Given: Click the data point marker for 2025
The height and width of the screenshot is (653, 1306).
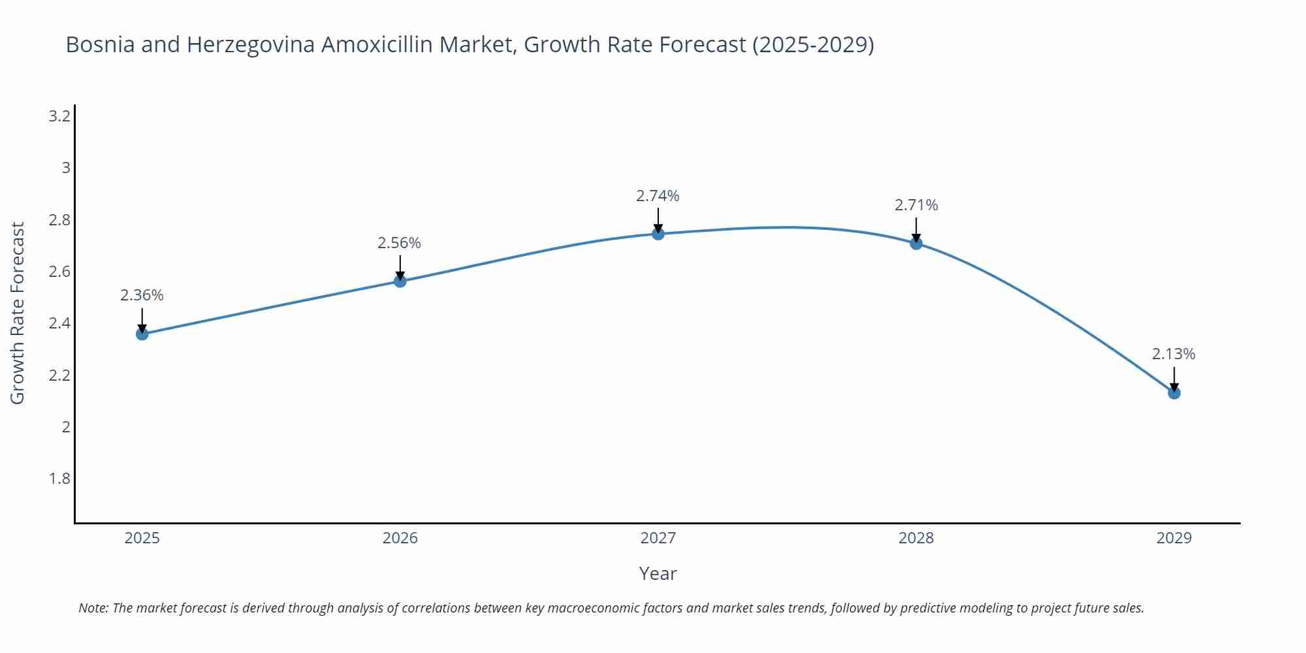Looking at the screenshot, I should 142,334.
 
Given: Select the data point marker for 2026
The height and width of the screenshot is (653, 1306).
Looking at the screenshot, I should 400,281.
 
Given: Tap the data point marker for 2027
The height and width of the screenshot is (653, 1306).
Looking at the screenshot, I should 658,234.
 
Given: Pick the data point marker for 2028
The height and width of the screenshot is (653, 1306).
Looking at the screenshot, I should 916,244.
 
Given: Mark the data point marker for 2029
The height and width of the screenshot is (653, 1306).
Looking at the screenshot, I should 1174,393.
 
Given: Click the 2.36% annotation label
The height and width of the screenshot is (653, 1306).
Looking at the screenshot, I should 142,295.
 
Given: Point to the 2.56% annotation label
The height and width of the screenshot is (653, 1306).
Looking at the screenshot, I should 399,243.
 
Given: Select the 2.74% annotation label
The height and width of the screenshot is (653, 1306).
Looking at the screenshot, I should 658,196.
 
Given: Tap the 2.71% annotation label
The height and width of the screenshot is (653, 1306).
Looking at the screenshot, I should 916,205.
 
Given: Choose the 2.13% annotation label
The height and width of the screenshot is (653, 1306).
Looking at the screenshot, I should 1173,354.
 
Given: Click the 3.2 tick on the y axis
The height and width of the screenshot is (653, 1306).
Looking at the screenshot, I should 59,116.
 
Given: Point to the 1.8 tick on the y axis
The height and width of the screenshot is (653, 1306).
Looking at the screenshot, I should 59,479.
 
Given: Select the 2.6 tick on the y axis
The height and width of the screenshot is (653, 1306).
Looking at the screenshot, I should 59,272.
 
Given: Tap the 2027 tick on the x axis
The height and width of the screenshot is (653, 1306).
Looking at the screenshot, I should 658,538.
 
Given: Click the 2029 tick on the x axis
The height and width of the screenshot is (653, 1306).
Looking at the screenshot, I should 1174,538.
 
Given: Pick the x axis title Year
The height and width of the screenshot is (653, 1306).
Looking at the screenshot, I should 658,573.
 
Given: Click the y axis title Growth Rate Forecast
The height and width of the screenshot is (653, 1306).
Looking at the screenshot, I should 18,313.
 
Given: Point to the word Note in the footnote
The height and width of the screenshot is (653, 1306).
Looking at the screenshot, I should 93,608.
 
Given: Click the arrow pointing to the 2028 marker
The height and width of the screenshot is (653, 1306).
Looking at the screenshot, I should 916,229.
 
